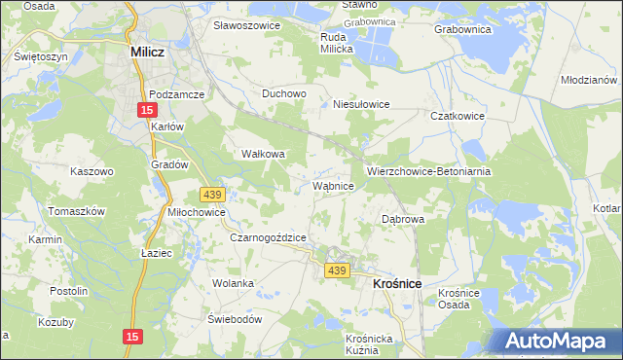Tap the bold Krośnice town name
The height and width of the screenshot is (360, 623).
click(396, 282)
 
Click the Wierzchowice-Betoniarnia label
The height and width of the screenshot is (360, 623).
click(428, 170)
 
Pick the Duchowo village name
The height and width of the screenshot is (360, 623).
click(285, 94)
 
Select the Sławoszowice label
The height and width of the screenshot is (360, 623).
click(246, 25)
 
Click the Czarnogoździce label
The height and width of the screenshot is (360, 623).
click(269, 237)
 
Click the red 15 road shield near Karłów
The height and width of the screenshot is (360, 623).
click(145, 109)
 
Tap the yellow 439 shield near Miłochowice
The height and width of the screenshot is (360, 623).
click(211, 195)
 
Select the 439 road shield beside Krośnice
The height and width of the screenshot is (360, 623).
click(337, 270)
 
